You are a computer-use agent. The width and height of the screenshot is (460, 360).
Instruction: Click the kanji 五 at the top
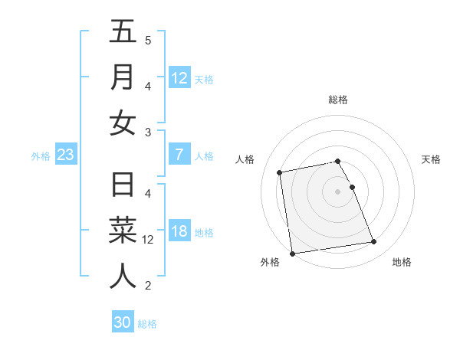pos(123,32)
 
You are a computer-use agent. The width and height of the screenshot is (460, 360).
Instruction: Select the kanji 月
pos(123,77)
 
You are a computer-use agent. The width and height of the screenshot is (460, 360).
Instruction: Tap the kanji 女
pos(123,123)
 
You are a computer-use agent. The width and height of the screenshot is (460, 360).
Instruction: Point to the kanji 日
pos(123,185)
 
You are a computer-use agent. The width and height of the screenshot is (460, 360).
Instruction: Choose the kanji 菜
pos(123,231)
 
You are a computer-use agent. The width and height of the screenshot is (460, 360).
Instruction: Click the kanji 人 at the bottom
pos(123,276)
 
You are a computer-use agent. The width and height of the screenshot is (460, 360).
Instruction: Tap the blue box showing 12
pos(179,78)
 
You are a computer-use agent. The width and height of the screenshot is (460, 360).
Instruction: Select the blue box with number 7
pos(179,155)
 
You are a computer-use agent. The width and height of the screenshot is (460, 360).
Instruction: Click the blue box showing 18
pos(179,232)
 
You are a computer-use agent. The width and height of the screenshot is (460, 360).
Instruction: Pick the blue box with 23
pos(65,155)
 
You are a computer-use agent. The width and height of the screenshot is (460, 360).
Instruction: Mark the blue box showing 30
pos(123,322)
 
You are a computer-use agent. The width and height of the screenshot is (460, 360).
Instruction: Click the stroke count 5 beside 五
pos(148,40)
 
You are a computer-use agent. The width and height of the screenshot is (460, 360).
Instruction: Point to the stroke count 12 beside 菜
pos(148,239)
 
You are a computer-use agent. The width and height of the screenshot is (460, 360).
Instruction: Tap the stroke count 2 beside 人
pos(148,286)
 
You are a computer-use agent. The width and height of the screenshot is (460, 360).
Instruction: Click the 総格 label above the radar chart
pos(338,100)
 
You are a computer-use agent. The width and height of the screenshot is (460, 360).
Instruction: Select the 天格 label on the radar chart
pos(431,159)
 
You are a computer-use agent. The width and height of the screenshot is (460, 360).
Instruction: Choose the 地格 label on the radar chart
pos(402,262)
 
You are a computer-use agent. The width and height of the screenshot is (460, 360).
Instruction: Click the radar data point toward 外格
pos(292,253)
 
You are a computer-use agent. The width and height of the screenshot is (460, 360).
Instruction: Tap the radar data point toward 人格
pos(281,172)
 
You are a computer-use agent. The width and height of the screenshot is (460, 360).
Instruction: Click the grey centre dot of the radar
pos(338,191)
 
